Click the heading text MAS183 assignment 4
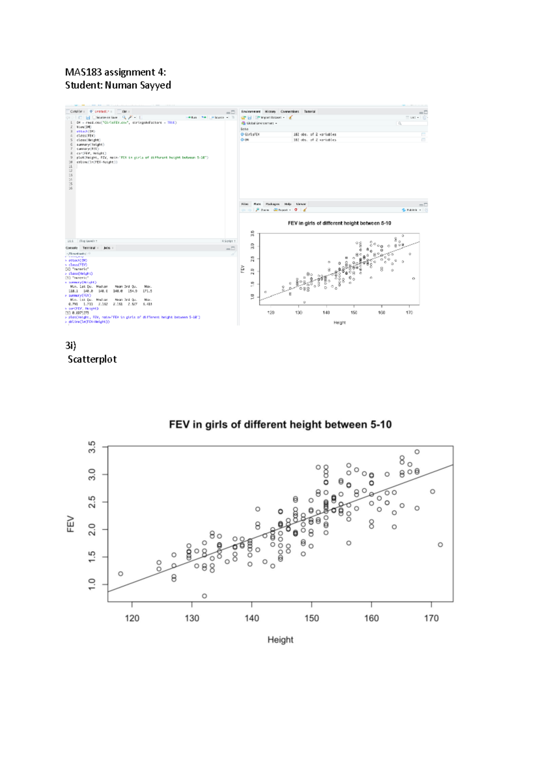tap(115, 72)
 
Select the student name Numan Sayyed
tap(138, 85)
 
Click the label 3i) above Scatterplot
tap(70, 346)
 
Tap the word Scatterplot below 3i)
tap(92, 359)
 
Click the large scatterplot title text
tap(280, 424)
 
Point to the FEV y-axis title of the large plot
tap(70, 524)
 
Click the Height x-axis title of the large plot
tap(280, 640)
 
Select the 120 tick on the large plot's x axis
tap(132, 618)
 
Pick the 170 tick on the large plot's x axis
tap(431, 618)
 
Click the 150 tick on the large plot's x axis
tap(312, 618)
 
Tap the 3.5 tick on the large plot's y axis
tap(92, 447)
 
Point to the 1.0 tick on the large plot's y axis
tap(92, 584)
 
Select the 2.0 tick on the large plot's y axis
tap(92, 530)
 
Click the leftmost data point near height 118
tap(121, 574)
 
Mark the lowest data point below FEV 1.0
tap(204, 596)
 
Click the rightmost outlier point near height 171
tap(440, 545)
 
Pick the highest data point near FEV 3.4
tap(417, 452)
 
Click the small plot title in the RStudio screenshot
tap(339, 223)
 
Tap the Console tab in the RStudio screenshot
tap(72, 248)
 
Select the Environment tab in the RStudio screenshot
tap(251, 112)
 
